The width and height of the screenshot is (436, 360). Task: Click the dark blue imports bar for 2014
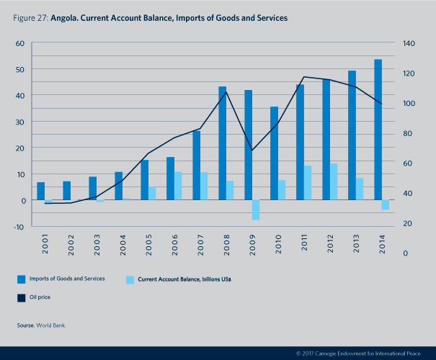pos(378,130)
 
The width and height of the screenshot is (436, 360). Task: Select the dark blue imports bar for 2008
pos(223,143)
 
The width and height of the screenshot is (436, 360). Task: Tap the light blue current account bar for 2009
pos(256,210)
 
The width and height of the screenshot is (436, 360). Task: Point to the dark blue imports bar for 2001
pos(41,192)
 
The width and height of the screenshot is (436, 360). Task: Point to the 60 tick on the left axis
pos(20,43)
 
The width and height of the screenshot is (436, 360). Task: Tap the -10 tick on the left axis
pos(19,226)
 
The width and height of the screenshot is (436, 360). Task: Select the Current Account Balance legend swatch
pos(130,279)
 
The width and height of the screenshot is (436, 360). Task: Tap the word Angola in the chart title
pos(66,17)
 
